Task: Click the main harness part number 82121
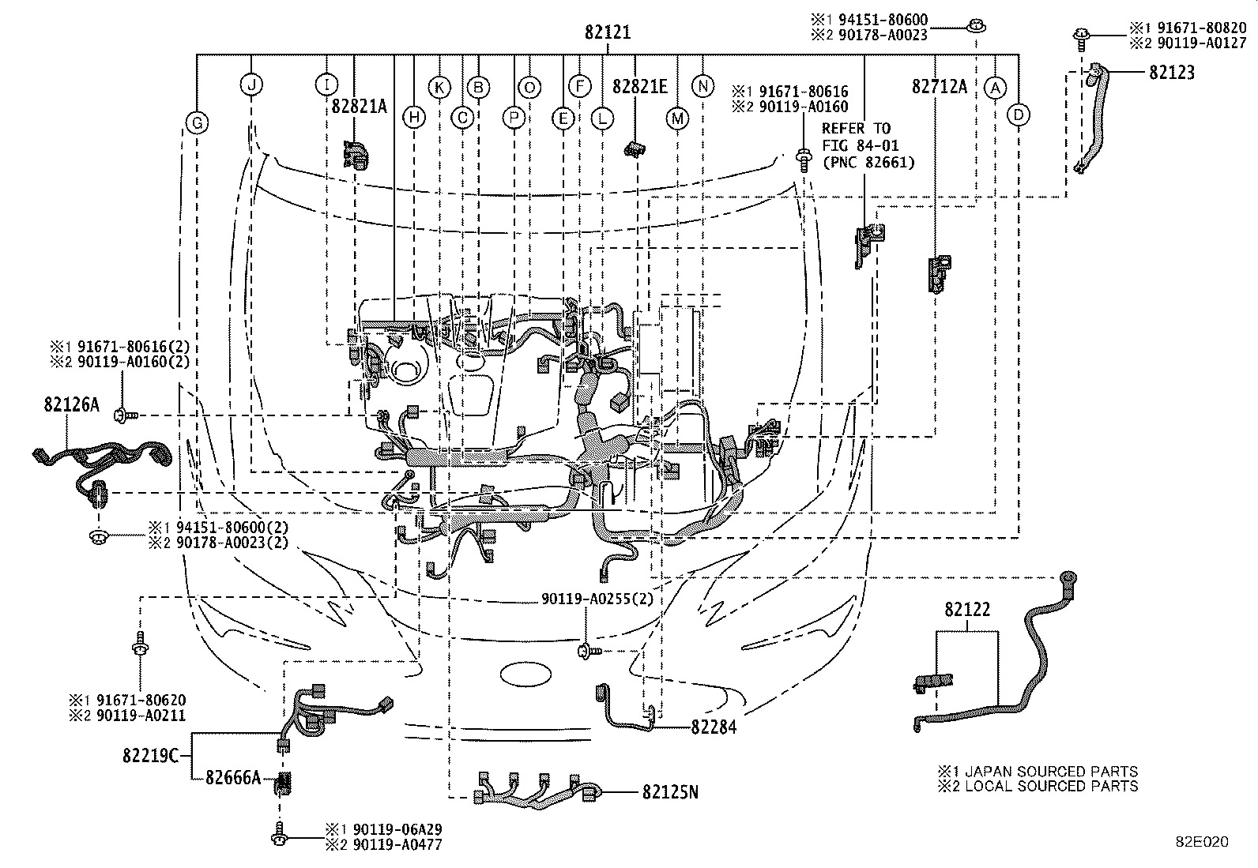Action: point(608,32)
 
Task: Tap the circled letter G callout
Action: point(197,123)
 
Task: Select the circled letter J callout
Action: point(251,85)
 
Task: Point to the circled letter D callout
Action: point(1019,115)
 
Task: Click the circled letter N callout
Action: point(702,86)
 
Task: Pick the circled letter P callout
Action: point(514,118)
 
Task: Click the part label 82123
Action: point(1172,73)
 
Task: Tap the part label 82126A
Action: point(71,404)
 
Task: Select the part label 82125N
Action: point(671,792)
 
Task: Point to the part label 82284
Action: point(714,727)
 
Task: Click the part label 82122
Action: point(967,609)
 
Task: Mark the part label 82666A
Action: point(233,778)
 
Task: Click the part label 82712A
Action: point(940,86)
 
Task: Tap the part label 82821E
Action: point(640,86)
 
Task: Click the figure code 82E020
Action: point(1203,842)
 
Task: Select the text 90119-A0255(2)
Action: point(597,599)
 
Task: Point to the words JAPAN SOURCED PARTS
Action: point(1051,771)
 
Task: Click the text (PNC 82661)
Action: point(868,163)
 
